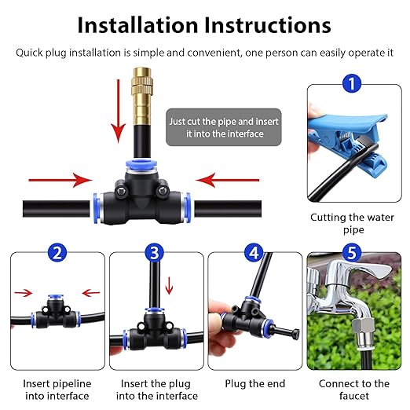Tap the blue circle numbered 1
coord(353,82)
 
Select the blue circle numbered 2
coord(56,253)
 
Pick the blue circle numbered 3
coord(155,253)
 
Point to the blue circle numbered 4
coord(254,253)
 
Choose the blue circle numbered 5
coord(353,253)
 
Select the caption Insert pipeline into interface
coord(57,390)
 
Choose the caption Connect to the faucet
coord(354,390)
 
